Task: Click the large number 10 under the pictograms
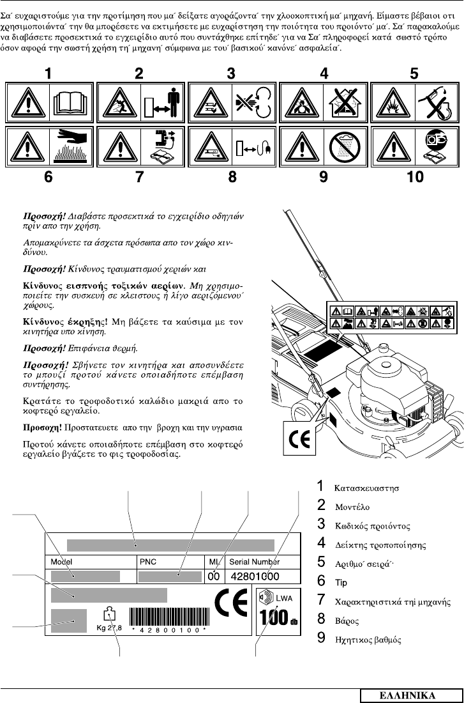click(415, 178)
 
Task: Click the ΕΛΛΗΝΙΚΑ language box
click(408, 695)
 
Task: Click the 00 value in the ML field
click(214, 576)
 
